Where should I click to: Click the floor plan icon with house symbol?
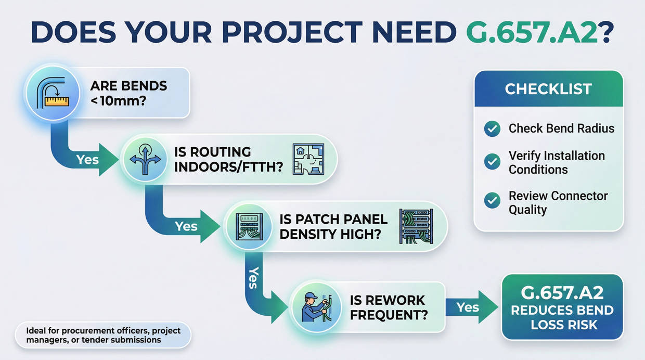(x=308, y=159)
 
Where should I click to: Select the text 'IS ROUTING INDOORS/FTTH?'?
(x=227, y=159)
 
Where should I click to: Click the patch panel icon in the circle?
(x=249, y=226)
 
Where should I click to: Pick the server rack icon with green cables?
(x=416, y=226)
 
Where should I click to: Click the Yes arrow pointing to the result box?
(x=470, y=307)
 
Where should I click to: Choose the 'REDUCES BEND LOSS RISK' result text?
(x=562, y=318)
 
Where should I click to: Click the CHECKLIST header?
(x=548, y=89)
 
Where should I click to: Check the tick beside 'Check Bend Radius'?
(x=492, y=128)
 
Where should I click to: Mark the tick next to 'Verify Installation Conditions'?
(x=492, y=162)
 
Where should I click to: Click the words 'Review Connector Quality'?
(x=558, y=203)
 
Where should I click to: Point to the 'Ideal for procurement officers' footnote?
(x=102, y=336)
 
